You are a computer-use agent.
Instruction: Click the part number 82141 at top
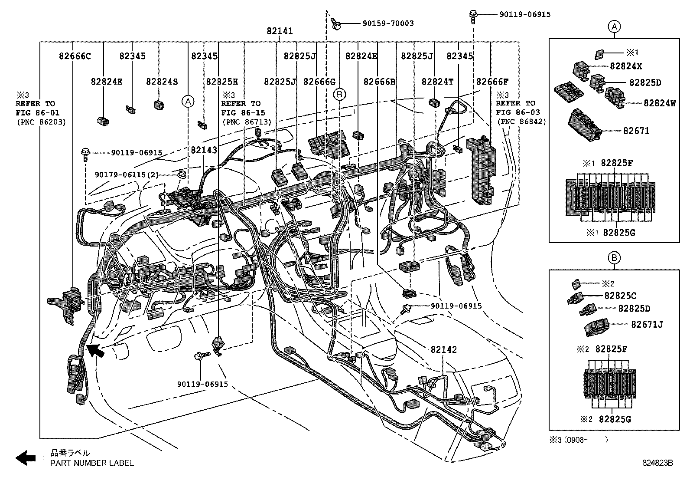(280, 31)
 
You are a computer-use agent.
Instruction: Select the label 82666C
(75, 56)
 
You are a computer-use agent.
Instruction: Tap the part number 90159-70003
(387, 23)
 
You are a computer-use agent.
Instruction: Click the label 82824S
(162, 82)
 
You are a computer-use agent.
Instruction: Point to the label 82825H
(222, 82)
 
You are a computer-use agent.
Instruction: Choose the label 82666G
(319, 82)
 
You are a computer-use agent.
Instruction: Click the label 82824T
(437, 82)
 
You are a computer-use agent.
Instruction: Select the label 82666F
(492, 82)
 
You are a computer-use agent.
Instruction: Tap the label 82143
(204, 150)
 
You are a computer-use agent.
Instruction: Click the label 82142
(443, 350)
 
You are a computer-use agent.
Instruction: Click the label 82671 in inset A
(636, 131)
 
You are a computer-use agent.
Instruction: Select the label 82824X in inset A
(626, 66)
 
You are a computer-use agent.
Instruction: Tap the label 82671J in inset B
(647, 324)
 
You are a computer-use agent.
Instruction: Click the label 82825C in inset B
(620, 296)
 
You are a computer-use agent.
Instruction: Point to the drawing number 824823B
(657, 463)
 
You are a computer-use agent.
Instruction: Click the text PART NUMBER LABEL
(92, 463)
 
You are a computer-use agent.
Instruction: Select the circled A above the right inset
(614, 27)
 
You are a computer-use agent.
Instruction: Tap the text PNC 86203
(41, 122)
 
